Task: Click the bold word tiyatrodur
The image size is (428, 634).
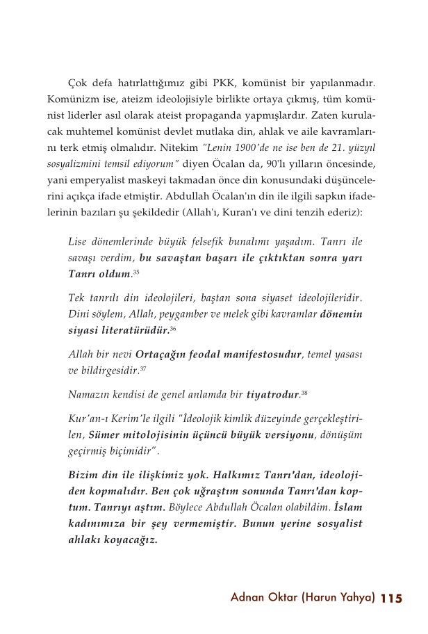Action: (x=273, y=396)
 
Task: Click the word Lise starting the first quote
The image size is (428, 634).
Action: (x=79, y=242)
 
